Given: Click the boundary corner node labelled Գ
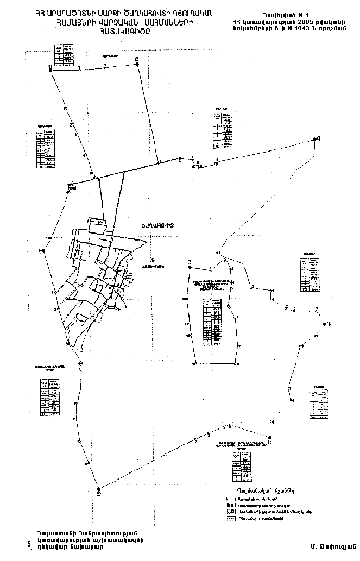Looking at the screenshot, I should point(314,140).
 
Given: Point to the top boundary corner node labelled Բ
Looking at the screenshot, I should point(137,64).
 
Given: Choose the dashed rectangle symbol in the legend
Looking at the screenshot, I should point(230,518).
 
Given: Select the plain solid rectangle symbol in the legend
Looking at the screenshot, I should point(230,498).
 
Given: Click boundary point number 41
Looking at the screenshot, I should point(85,155).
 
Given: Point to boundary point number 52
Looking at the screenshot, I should point(302,346).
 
